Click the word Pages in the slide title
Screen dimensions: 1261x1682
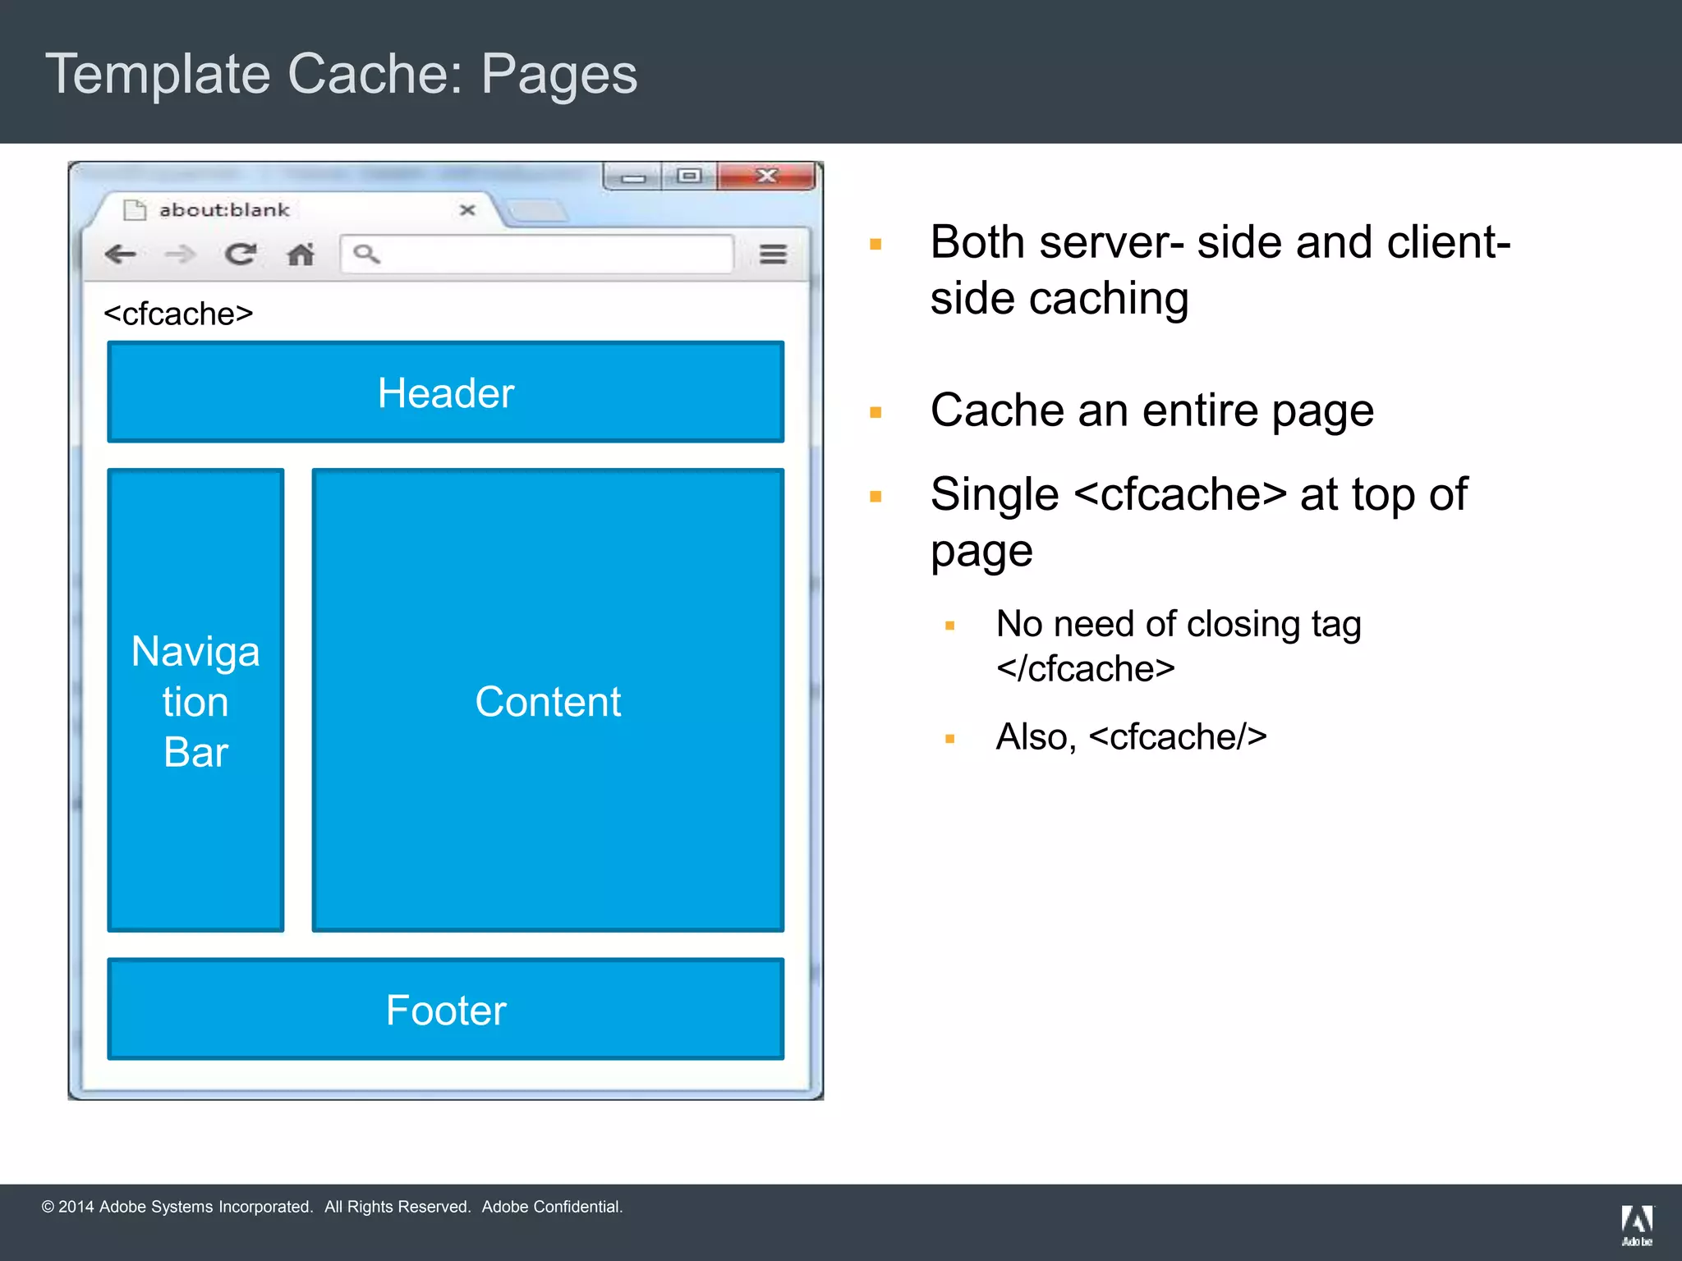tap(558, 74)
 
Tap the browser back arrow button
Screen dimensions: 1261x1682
tap(120, 254)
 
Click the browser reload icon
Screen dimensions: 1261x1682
tap(240, 254)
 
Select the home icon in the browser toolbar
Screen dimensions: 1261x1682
tap(301, 254)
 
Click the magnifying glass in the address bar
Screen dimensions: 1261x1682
tap(366, 254)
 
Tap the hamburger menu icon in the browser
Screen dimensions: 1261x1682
tap(773, 254)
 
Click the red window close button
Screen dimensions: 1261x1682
tap(766, 176)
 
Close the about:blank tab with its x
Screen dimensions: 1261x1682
tap(467, 210)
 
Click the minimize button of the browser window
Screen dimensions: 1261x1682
tap(633, 177)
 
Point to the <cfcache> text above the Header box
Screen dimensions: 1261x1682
tap(178, 314)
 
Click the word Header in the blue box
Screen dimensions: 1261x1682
tap(446, 393)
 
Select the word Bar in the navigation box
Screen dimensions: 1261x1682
tap(195, 752)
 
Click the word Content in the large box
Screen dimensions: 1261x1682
tap(548, 702)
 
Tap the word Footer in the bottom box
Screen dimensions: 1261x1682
tap(446, 1011)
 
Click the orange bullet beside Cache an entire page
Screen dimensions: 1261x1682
tap(875, 412)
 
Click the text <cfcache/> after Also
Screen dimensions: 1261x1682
tap(1178, 737)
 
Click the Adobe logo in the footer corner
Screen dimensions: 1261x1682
tap(1637, 1224)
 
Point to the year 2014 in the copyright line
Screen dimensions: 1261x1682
tap(76, 1207)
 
